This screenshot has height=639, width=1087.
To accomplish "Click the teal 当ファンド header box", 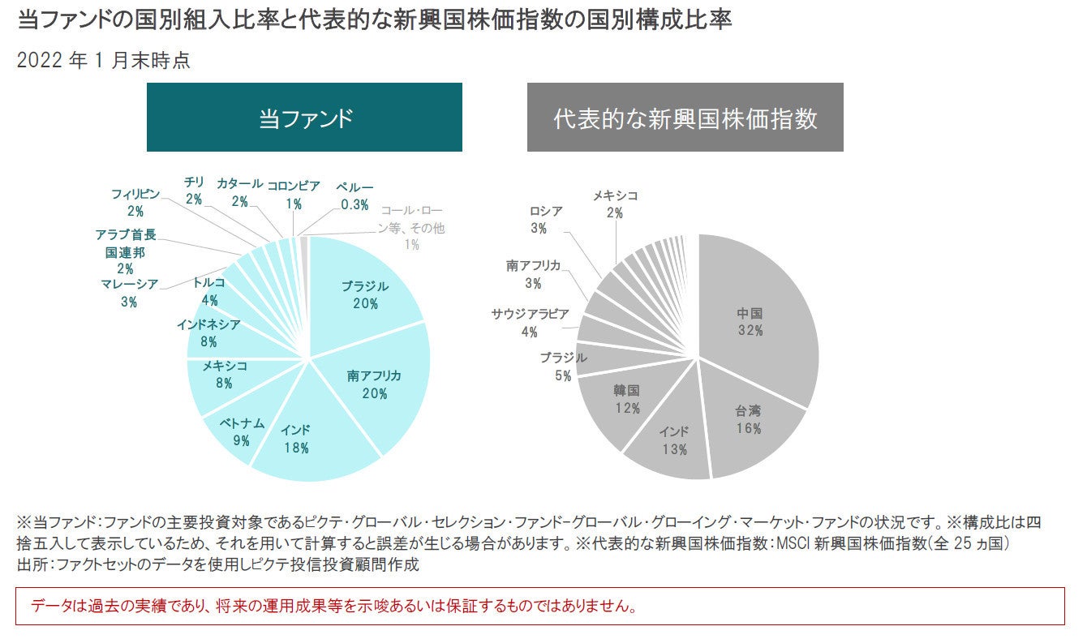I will pyautogui.click(x=304, y=118).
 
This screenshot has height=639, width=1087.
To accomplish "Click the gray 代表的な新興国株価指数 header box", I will pyautogui.click(x=685, y=118).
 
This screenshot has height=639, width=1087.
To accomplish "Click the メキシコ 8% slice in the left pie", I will pyautogui.click(x=224, y=375).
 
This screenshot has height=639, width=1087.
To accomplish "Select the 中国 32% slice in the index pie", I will pyautogui.click(x=750, y=321).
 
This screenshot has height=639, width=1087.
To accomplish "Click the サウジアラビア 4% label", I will pyautogui.click(x=530, y=323).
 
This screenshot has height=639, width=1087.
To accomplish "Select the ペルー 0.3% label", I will pyautogui.click(x=355, y=195).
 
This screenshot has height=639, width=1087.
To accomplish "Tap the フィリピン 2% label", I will pyautogui.click(x=135, y=203).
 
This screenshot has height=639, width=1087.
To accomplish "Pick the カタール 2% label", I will pyautogui.click(x=239, y=192).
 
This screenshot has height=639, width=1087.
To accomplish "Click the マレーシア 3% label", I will pyautogui.click(x=130, y=293).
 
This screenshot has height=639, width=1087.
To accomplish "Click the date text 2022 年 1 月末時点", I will pyautogui.click(x=104, y=61).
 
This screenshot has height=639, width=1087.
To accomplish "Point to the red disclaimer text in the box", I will pyautogui.click(x=333, y=607).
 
